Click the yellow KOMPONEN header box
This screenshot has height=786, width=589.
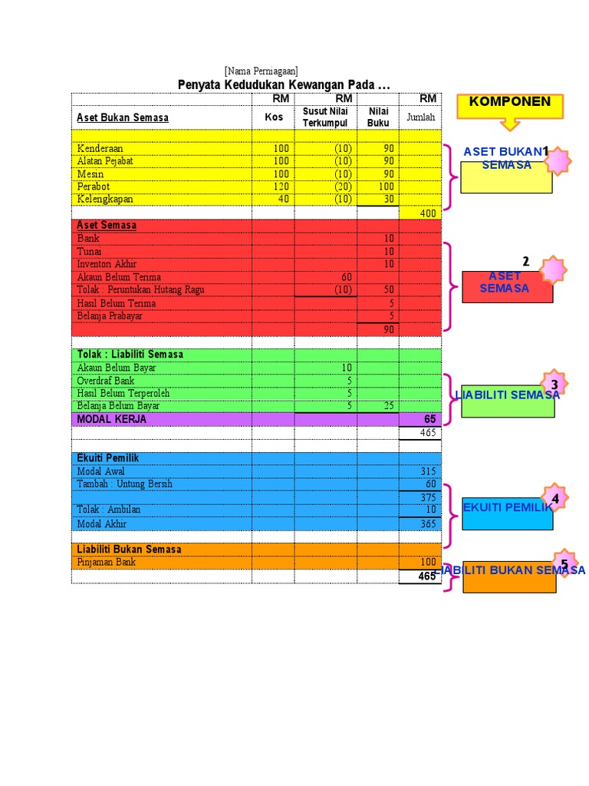(x=510, y=103)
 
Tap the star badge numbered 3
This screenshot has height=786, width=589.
(x=554, y=384)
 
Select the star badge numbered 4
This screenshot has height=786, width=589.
(x=554, y=497)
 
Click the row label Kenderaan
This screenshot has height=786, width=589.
(x=100, y=148)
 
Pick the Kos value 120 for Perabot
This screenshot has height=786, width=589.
(x=280, y=187)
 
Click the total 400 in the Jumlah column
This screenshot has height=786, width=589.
(x=427, y=213)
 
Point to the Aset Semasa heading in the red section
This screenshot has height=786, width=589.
(x=107, y=225)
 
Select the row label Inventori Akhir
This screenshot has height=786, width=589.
(x=107, y=264)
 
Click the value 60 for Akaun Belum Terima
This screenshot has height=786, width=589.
(x=345, y=277)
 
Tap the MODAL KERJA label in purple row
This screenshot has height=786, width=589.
(x=111, y=419)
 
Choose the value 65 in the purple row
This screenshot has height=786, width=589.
(x=429, y=419)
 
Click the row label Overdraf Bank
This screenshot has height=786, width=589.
(x=106, y=381)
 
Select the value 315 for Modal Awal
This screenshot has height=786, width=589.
(x=427, y=471)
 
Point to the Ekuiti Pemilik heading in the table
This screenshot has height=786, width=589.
(x=108, y=458)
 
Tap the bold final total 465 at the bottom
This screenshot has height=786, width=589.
(x=426, y=576)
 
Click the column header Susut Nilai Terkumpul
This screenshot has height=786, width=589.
(x=325, y=117)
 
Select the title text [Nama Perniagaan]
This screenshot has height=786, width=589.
(x=262, y=71)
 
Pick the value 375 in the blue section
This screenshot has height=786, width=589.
(x=427, y=497)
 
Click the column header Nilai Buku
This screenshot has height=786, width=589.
(x=379, y=117)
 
